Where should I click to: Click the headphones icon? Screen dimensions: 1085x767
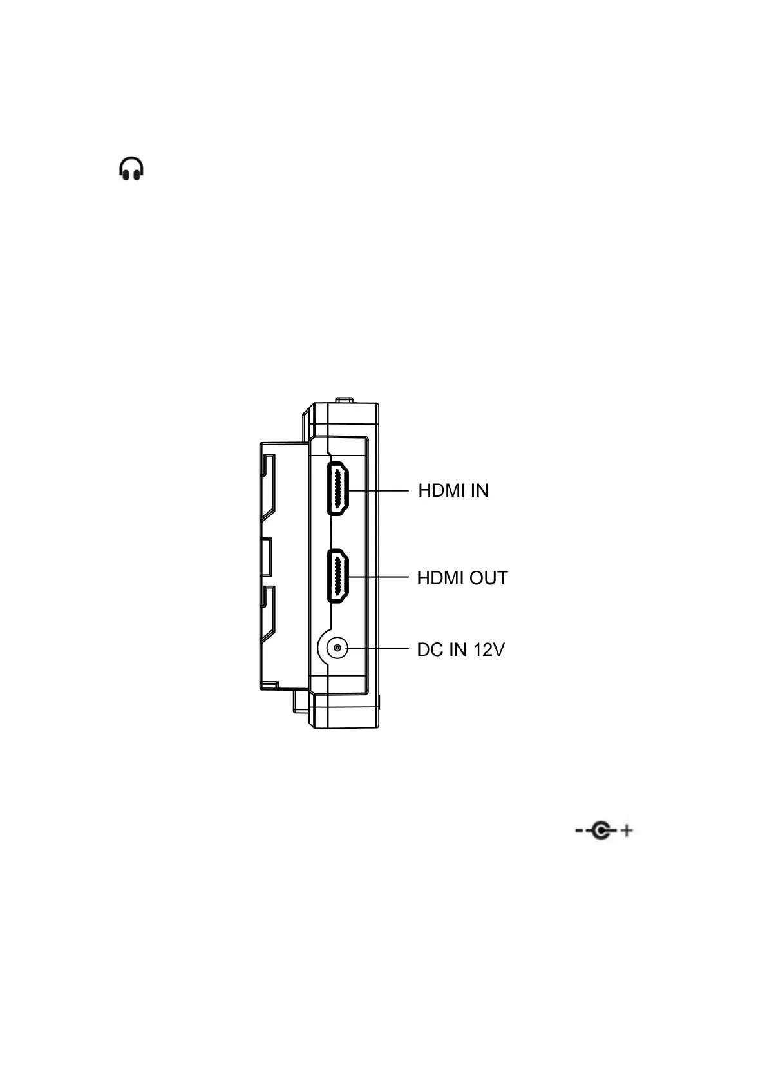pyautogui.click(x=131, y=169)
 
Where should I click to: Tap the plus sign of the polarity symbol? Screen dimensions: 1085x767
pyautogui.click(x=625, y=831)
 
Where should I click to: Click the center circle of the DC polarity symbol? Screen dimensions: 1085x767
pyautogui.click(x=601, y=831)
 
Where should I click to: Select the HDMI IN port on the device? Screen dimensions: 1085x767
pyautogui.click(x=338, y=489)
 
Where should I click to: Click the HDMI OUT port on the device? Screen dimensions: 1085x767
pyautogui.click(x=338, y=576)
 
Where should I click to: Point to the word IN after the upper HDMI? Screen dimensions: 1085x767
pyautogui.click(x=480, y=490)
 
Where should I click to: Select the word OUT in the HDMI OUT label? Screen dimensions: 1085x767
pyautogui.click(x=489, y=578)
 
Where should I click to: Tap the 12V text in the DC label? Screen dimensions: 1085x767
pyautogui.click(x=489, y=649)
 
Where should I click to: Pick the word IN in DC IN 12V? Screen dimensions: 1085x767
pyautogui.click(x=457, y=649)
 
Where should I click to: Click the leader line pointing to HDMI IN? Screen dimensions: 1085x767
pyautogui.click(x=380, y=490)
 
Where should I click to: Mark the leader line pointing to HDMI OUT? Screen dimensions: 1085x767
pyautogui.click(x=380, y=577)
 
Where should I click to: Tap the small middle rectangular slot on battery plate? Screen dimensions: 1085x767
pyautogui.click(x=266, y=557)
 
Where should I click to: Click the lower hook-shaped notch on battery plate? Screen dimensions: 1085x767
pyautogui.click(x=268, y=610)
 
